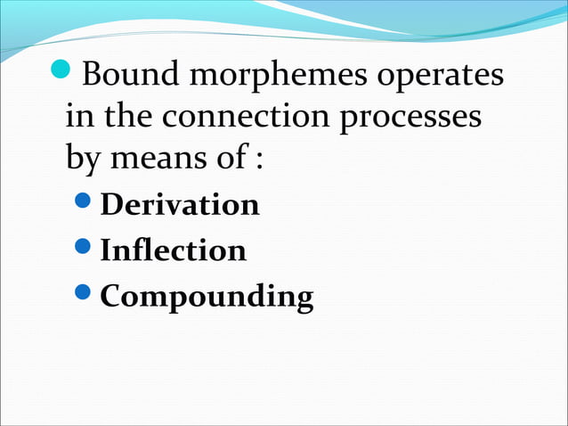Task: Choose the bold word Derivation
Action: click(x=180, y=205)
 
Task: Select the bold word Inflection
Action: click(x=174, y=250)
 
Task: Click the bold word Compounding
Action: click(x=207, y=297)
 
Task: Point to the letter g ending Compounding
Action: click(x=304, y=299)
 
